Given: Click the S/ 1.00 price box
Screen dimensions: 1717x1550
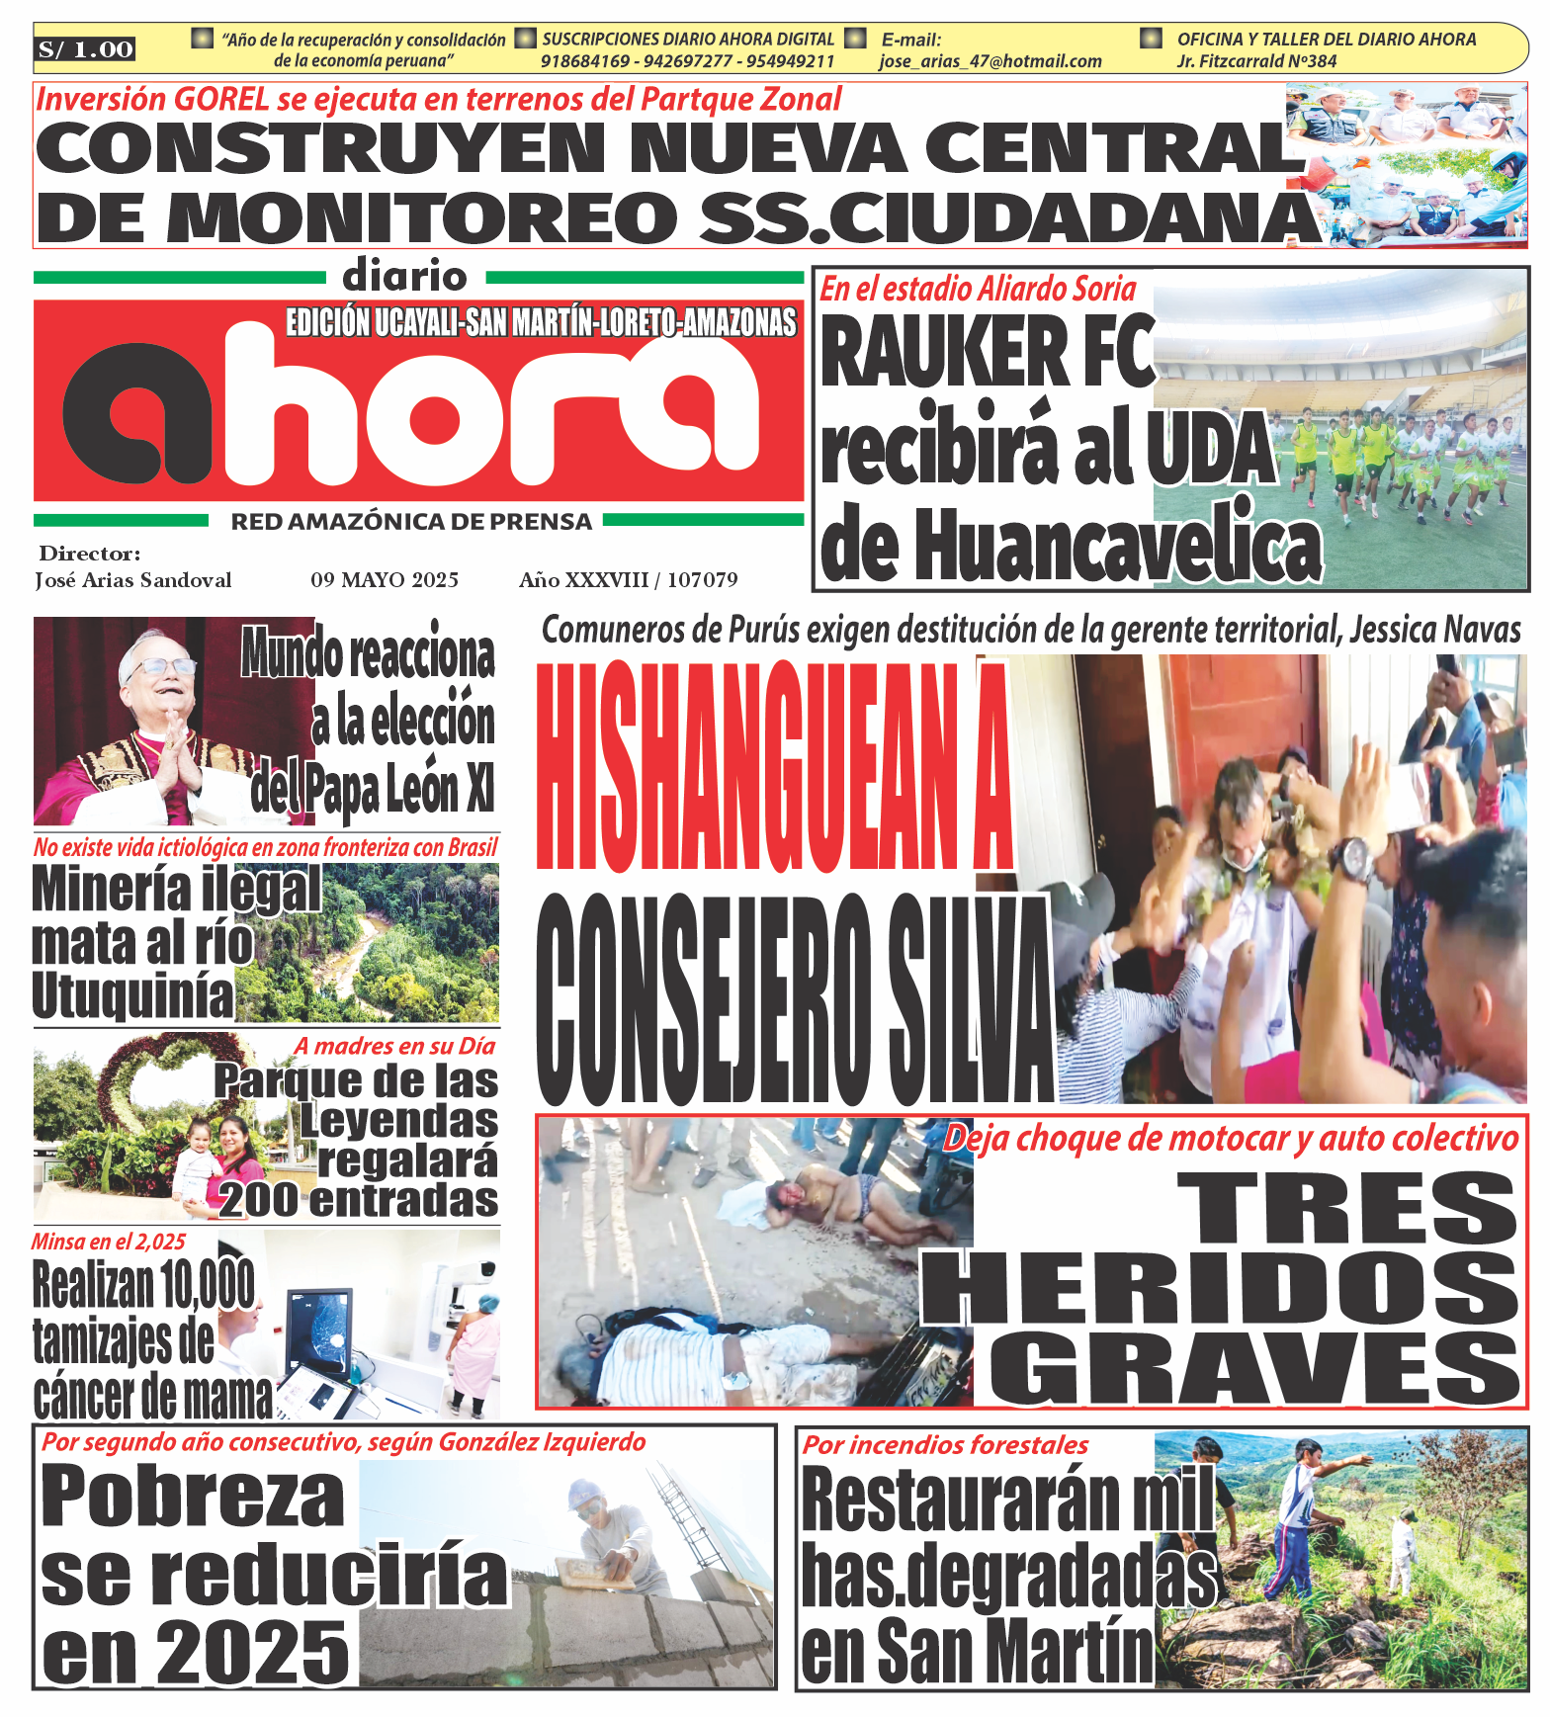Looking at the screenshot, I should (x=86, y=49).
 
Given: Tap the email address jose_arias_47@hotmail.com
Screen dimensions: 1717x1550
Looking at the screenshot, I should (x=990, y=61).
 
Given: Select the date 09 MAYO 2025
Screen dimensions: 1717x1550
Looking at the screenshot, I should (x=385, y=580).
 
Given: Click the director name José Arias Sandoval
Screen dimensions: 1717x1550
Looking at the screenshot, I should (x=133, y=580).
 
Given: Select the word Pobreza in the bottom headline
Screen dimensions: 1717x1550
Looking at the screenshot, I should (x=193, y=1498).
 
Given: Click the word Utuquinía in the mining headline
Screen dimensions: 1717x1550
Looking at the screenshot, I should (x=132, y=995).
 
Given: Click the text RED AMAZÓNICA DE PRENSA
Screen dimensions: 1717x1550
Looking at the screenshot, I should (x=411, y=522).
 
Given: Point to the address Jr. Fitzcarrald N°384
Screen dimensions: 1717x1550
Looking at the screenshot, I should (x=1256, y=61).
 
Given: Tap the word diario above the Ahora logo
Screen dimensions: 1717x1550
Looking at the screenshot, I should (x=404, y=277).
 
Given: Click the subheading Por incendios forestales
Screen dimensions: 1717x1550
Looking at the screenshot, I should (x=945, y=1445).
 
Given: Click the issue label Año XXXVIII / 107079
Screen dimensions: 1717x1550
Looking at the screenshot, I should (x=628, y=580).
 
